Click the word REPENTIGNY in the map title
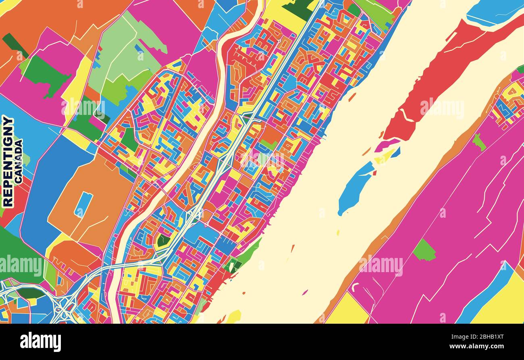(8, 161)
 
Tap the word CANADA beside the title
(18, 161)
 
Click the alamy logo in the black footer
(40, 342)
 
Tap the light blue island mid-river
(355, 185)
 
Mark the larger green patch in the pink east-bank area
(424, 251)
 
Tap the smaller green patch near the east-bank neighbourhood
(478, 142)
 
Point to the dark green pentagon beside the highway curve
(163, 241)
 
